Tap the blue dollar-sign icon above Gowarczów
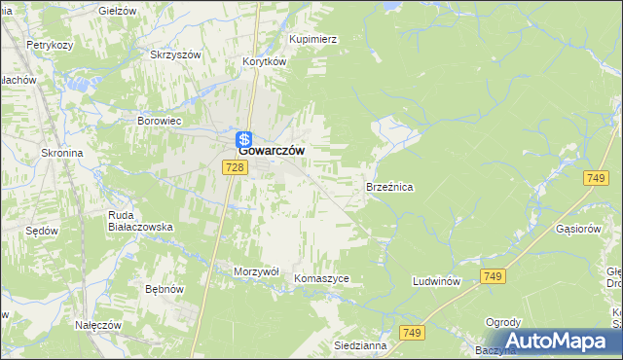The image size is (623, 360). pos(245,139)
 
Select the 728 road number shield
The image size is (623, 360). pos(233,168)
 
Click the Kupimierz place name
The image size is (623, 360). pos(313,39)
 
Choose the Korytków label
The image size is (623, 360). pos(264,60)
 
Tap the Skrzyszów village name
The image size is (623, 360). pos(174,54)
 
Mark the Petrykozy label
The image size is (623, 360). pos(52,45)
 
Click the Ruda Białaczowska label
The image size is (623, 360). pos(140,220)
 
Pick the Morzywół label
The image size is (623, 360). pos(256,271)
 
